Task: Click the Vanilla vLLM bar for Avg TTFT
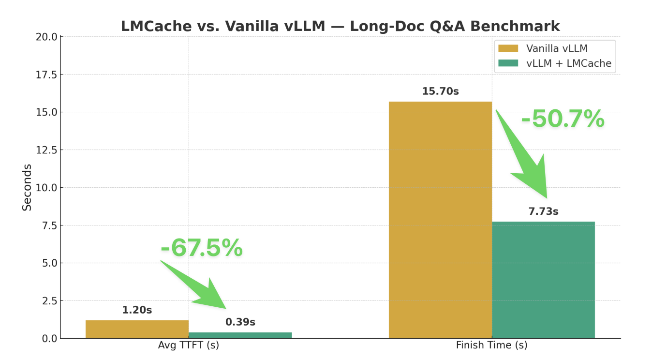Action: (x=137, y=329)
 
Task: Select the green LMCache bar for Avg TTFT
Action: (x=240, y=335)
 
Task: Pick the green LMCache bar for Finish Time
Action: (x=543, y=280)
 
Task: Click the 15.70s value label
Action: (x=440, y=91)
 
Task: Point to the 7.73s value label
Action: (x=543, y=211)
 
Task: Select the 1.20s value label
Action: (x=137, y=310)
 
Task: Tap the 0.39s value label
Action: (x=240, y=322)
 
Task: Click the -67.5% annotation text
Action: (x=201, y=248)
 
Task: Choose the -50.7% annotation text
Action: (x=563, y=119)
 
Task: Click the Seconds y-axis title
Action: (x=27, y=187)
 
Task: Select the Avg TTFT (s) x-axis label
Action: (x=188, y=345)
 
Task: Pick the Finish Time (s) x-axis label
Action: (x=491, y=345)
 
